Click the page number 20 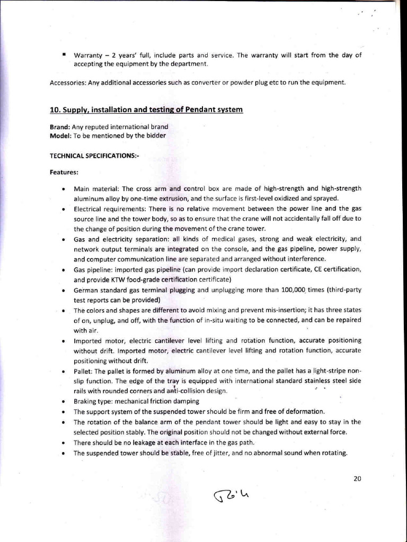tap(357, 478)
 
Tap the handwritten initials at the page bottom tap(231, 495)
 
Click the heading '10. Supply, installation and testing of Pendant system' tap(146, 110)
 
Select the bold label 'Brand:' tap(60, 127)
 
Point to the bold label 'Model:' tap(60, 135)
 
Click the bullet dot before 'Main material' tap(63, 189)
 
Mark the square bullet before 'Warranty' tap(63, 55)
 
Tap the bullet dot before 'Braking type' tap(63, 402)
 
